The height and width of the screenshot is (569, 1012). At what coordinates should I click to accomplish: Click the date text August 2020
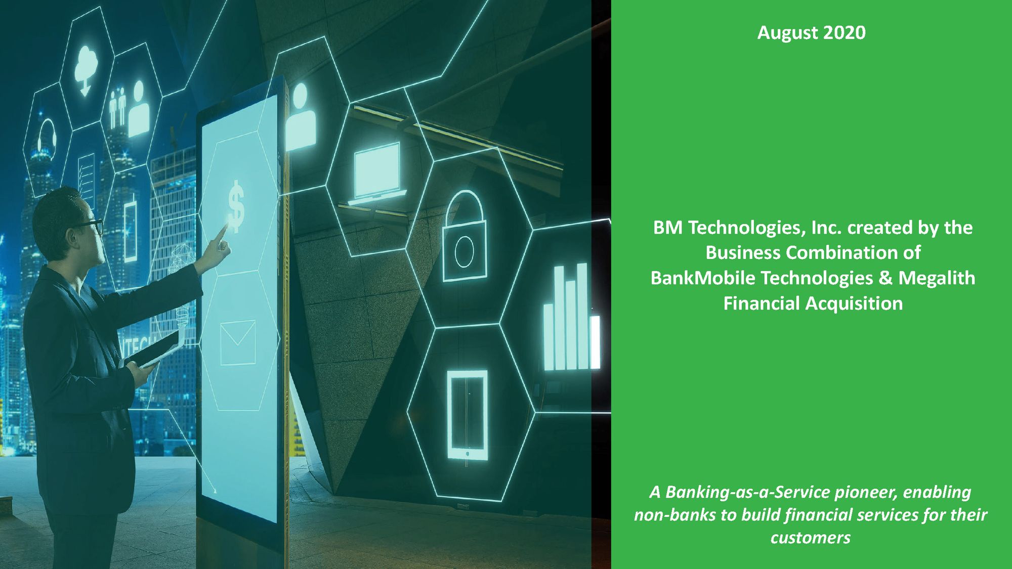point(811,33)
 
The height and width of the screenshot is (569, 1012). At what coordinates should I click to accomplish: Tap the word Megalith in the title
point(937,278)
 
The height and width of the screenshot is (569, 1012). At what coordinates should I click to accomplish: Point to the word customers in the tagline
point(810,538)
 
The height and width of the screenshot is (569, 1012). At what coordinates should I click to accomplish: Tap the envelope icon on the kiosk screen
point(238,342)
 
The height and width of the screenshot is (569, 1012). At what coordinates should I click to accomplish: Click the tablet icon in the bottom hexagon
point(467,415)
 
